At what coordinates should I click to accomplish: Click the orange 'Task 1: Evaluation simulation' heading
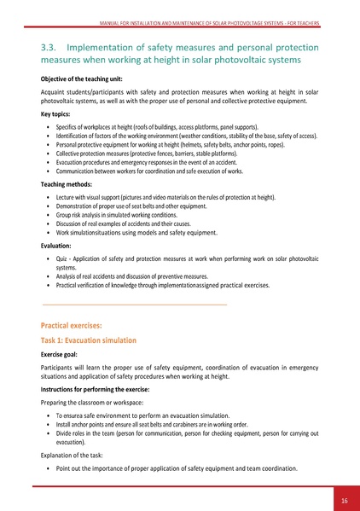click(x=88, y=340)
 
